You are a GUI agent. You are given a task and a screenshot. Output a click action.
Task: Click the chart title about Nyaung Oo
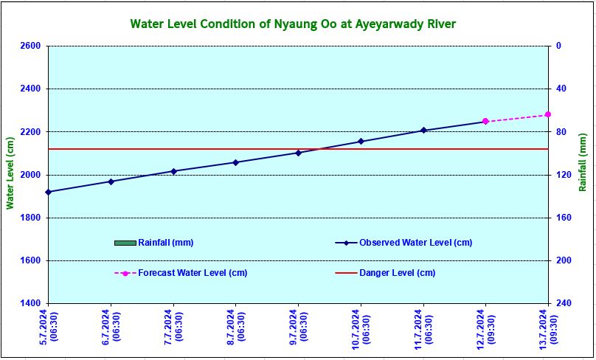[293, 24]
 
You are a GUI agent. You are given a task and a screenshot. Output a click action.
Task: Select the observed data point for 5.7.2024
[49, 192]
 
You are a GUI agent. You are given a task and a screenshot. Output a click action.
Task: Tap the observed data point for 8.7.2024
[235, 162]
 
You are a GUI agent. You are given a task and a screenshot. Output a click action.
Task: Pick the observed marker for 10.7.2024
[361, 141]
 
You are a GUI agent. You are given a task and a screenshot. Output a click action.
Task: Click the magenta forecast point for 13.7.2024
[548, 114]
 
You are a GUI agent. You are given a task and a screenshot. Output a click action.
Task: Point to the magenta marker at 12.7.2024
[485, 121]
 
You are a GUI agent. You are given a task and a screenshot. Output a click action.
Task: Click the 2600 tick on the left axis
[31, 46]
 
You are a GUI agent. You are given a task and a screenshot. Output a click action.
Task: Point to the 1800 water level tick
[31, 218]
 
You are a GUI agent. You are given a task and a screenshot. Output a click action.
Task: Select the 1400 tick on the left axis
[31, 304]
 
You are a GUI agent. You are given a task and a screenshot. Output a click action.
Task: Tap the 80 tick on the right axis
[561, 132]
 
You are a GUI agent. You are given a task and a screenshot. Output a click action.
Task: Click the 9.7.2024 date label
[297, 329]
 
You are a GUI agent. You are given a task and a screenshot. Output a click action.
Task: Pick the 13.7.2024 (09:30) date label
[547, 329]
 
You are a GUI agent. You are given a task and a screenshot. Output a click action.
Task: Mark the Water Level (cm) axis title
[10, 174]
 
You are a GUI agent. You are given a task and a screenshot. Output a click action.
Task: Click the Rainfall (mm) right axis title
[583, 174]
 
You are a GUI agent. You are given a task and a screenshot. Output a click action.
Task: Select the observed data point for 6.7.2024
[111, 181]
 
